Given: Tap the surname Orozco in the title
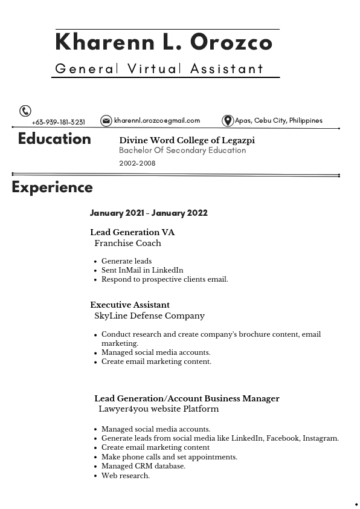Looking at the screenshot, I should pyautogui.click(x=231, y=43).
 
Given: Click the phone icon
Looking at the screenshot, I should pyautogui.click(x=25, y=111).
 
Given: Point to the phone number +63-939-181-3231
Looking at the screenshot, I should pyautogui.click(x=59, y=122).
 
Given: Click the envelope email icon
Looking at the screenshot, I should pyautogui.click(x=106, y=121).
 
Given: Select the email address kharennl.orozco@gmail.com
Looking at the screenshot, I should pyautogui.click(x=157, y=121).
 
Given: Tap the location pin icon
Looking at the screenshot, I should pyautogui.click(x=228, y=121).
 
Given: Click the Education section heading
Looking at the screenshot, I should pyautogui.click(x=54, y=139).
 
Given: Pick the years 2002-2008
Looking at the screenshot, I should pyautogui.click(x=137, y=163).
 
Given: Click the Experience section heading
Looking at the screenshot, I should pyautogui.click(x=52, y=187).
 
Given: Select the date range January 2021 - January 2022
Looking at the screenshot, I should pyautogui.click(x=149, y=213).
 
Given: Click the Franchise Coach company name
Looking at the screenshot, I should pyautogui.click(x=127, y=243).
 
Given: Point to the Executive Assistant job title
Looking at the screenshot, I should pyautogui.click(x=130, y=305).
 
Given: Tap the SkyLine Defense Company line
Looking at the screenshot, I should pyautogui.click(x=149, y=316).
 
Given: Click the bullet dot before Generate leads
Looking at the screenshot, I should pyautogui.click(x=96, y=262).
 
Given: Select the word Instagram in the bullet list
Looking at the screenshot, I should pyautogui.click(x=320, y=438).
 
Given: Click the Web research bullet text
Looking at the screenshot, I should pyautogui.click(x=125, y=476).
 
